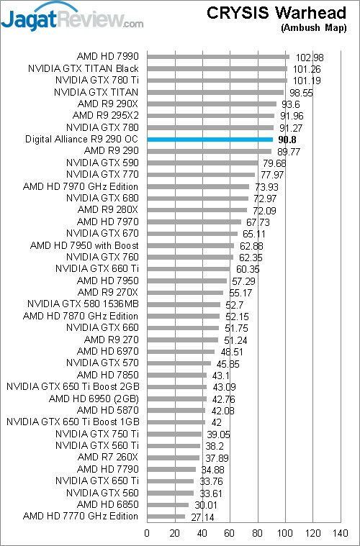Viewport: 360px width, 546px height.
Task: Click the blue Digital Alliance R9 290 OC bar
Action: (x=210, y=140)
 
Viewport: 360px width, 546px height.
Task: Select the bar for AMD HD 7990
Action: (x=218, y=57)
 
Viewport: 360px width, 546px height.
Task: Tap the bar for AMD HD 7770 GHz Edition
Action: (x=166, y=517)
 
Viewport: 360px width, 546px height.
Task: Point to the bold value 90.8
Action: (x=287, y=140)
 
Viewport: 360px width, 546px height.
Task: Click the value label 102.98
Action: (x=310, y=58)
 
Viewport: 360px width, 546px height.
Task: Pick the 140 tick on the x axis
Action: (x=340, y=533)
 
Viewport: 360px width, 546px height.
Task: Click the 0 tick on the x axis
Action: (x=147, y=533)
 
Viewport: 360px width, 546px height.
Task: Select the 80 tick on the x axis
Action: (x=258, y=533)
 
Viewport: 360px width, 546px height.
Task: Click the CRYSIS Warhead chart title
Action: (x=276, y=13)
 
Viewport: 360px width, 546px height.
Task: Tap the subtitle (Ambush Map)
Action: (x=314, y=28)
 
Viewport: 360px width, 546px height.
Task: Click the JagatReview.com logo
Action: (x=72, y=17)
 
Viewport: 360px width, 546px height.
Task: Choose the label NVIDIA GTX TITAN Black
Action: (x=84, y=68)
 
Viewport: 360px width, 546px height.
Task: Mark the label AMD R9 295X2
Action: (x=106, y=115)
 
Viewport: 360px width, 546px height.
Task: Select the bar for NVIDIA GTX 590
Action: (x=202, y=163)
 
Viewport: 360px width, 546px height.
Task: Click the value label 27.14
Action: (x=202, y=517)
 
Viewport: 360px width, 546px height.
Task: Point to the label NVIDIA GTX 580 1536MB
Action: (x=83, y=304)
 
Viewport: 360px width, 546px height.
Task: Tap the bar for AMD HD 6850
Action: (x=168, y=504)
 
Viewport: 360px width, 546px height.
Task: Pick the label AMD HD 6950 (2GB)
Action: (x=94, y=399)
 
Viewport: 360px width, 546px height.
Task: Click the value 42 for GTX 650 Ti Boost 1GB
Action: (x=217, y=423)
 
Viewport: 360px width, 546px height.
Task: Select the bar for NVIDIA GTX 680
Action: (x=198, y=199)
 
